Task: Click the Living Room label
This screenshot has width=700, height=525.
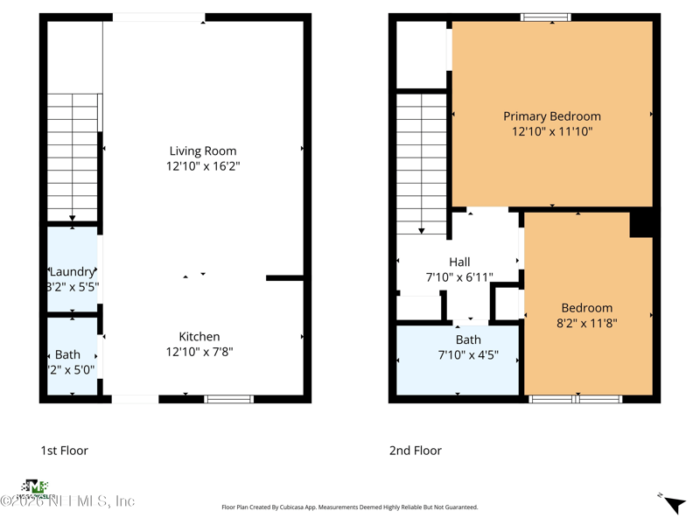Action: click(203, 150)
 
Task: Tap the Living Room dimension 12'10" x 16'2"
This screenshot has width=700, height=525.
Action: click(203, 166)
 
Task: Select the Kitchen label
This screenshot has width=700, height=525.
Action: click(199, 336)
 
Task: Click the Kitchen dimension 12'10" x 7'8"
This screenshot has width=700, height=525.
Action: click(199, 352)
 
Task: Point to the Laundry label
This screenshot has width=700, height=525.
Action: click(72, 271)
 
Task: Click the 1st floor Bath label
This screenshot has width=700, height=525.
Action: click(67, 354)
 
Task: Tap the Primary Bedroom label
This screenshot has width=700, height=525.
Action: click(551, 115)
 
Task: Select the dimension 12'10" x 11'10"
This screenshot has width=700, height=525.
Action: click(551, 131)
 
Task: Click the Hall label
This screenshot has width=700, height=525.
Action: click(459, 262)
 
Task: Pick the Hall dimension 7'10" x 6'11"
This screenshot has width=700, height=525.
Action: click(459, 277)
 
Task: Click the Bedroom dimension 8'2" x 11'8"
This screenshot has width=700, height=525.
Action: click(586, 324)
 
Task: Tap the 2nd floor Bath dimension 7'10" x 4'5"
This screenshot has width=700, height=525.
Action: click(467, 355)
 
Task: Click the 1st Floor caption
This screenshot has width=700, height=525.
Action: click(64, 451)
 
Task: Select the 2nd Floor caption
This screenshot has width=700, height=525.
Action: click(416, 451)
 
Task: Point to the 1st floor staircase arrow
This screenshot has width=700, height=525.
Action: click(73, 217)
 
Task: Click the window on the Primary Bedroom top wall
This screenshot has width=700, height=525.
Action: click(546, 17)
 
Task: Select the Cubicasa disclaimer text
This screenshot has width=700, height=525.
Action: click(350, 507)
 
